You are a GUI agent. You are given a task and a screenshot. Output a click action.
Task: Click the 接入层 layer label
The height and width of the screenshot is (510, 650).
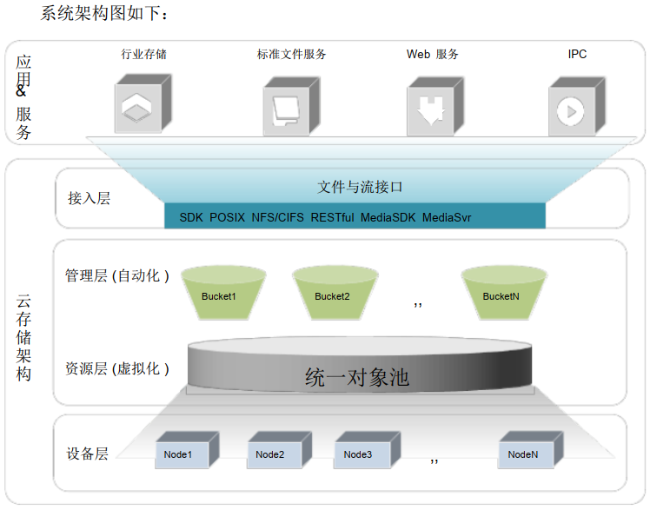[x=90, y=198]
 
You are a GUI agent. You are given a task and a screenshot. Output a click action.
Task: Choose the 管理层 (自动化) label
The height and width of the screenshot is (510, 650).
[x=116, y=276]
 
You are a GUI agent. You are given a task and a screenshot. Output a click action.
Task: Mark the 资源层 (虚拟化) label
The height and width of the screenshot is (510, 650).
[x=116, y=368]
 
